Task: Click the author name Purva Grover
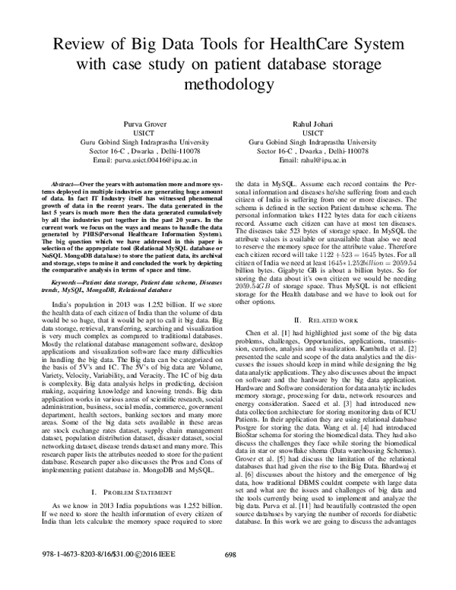point(133,123)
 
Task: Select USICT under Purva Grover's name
point(133,133)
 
